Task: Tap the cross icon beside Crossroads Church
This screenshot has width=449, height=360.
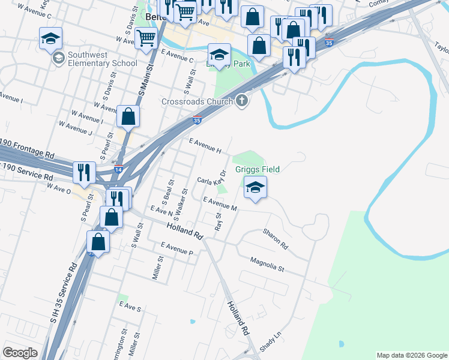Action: (x=242, y=101)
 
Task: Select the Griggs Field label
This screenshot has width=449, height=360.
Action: (x=258, y=170)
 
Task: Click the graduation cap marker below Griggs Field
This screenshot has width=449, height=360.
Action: (x=255, y=188)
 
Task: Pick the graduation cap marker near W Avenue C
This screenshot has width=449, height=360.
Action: (x=50, y=39)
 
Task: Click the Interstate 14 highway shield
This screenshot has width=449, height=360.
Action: (x=119, y=170)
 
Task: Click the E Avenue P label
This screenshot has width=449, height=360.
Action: (x=176, y=249)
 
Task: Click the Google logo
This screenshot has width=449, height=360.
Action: (x=20, y=353)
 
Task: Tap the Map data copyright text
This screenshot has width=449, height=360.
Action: (x=411, y=355)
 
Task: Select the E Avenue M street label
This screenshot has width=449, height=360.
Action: (x=220, y=204)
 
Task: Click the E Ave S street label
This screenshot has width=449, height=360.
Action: (x=130, y=307)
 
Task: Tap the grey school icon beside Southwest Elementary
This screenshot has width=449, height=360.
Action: (x=58, y=58)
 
